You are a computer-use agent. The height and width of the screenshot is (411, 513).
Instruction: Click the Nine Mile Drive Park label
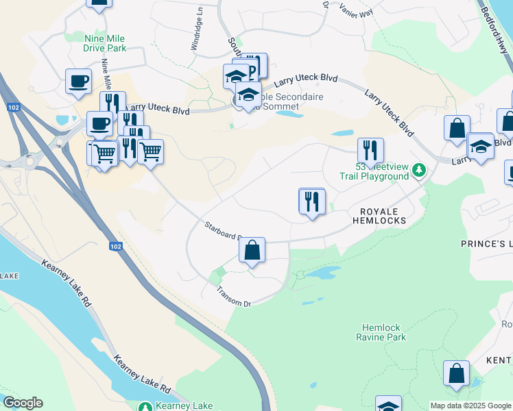click(105, 43)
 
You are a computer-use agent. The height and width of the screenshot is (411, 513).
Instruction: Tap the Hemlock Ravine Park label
click(381, 332)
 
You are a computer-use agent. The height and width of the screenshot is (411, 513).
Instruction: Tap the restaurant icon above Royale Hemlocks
click(312, 201)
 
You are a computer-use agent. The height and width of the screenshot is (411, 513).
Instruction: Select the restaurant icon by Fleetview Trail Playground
click(370, 150)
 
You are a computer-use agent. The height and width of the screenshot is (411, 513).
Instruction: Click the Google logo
click(23, 403)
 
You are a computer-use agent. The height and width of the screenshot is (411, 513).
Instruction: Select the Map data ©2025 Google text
click(470, 406)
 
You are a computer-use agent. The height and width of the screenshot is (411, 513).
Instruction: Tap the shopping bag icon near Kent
click(456, 374)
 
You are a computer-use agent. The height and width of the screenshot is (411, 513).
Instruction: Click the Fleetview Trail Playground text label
click(374, 171)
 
